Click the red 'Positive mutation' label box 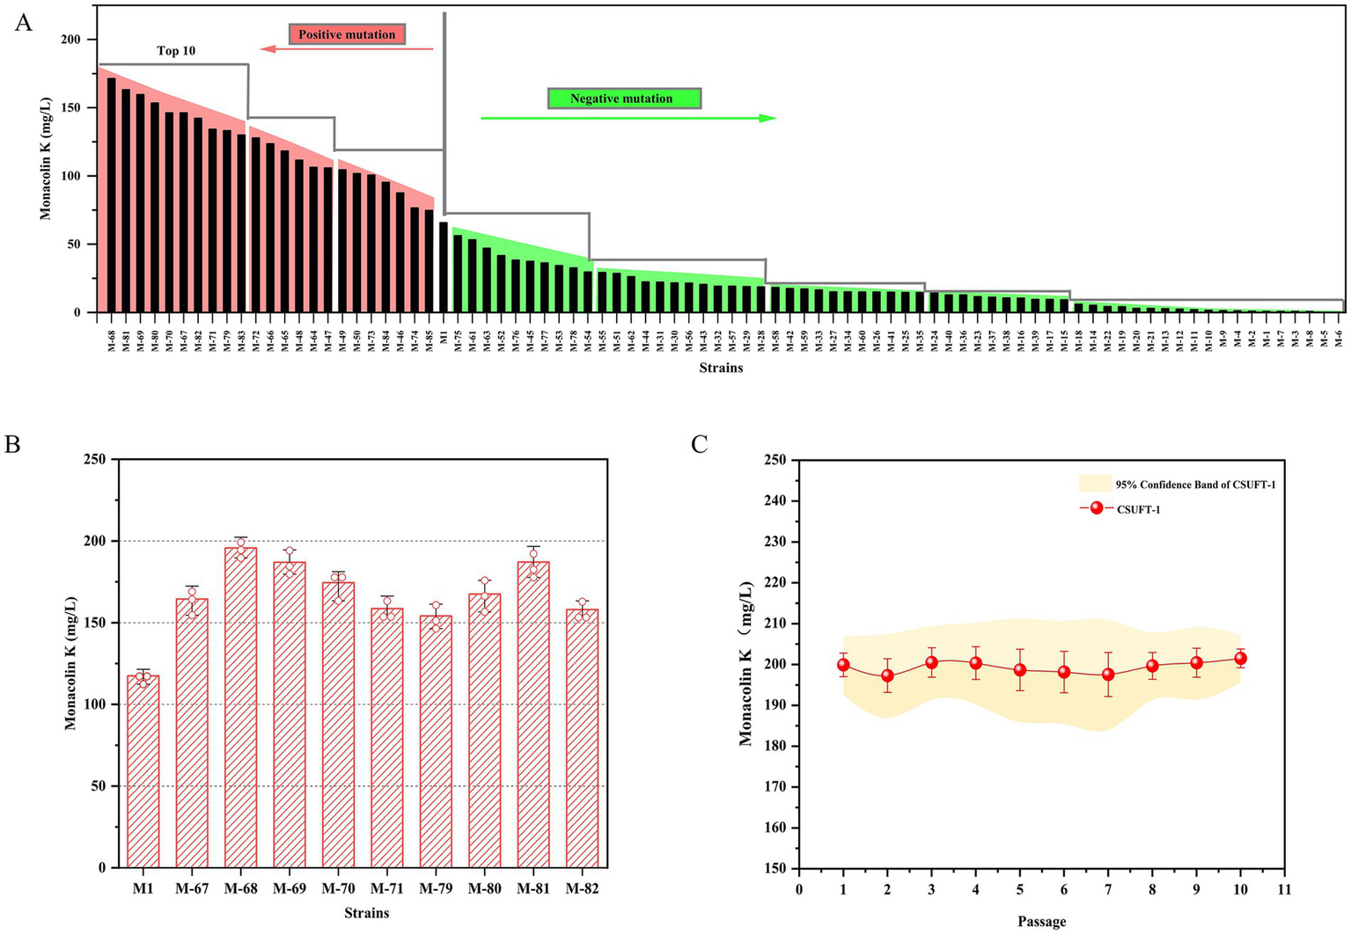pyautogui.click(x=347, y=34)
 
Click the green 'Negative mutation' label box pyautogui.click(x=623, y=99)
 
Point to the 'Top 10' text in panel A pyautogui.click(x=176, y=51)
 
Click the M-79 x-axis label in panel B pyautogui.click(x=436, y=889)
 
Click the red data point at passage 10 pyautogui.click(x=1240, y=658)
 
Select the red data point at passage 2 pyautogui.click(x=887, y=675)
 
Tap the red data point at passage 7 pyautogui.click(x=1108, y=675)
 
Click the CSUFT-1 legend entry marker pyautogui.click(x=1096, y=508)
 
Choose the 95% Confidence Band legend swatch pyautogui.click(x=1095, y=484)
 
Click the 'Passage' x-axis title pyautogui.click(x=1041, y=922)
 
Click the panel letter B pyautogui.click(x=12, y=444)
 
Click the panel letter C pyautogui.click(x=699, y=444)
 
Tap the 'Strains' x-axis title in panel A pyautogui.click(x=721, y=368)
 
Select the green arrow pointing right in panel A pyautogui.click(x=628, y=118)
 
